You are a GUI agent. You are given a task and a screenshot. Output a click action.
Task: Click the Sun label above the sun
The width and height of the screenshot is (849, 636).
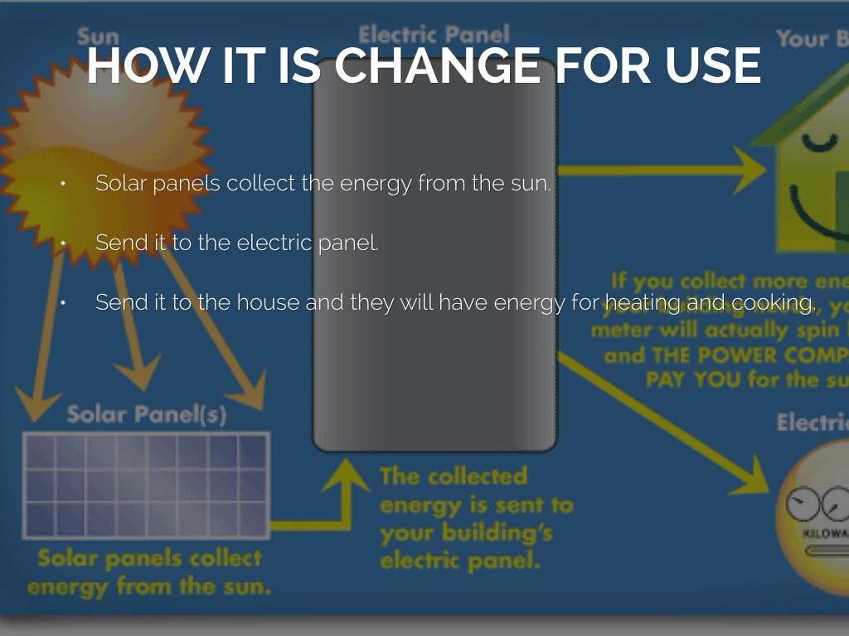point(98,37)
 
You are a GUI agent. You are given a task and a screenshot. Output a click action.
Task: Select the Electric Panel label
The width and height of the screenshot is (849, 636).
point(434,36)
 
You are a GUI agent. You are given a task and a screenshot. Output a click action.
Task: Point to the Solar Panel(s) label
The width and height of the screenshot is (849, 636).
point(146,414)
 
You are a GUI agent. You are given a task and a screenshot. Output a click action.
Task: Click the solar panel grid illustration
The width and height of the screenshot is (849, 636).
point(146,484)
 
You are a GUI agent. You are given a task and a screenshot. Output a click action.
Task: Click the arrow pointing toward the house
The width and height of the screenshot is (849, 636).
point(663,171)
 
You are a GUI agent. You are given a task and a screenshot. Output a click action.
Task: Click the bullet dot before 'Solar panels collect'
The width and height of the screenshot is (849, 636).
point(62,184)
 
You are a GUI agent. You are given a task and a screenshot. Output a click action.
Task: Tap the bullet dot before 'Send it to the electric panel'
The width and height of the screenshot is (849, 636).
point(62,243)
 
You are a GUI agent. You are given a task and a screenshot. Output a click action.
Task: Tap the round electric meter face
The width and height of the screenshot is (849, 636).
point(817,518)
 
